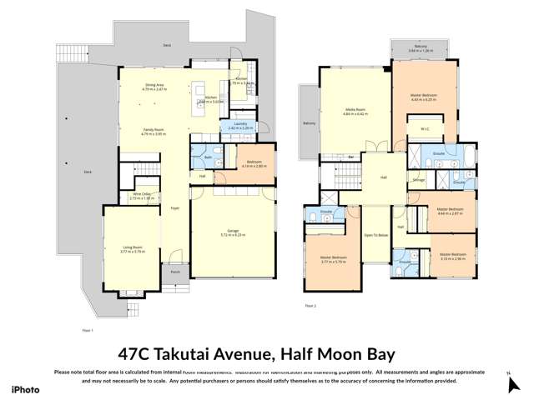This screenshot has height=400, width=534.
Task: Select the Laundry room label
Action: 240,123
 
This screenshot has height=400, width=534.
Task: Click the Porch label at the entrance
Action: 174,272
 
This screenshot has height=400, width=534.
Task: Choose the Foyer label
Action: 174,207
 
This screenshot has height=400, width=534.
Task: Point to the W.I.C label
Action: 424,128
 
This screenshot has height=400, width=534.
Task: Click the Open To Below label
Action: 375,236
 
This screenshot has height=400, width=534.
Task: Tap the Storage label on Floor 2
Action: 418,179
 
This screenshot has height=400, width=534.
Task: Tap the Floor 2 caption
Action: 310,306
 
